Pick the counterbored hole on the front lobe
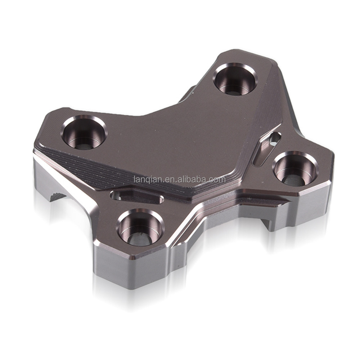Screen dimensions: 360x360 point(140,227)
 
